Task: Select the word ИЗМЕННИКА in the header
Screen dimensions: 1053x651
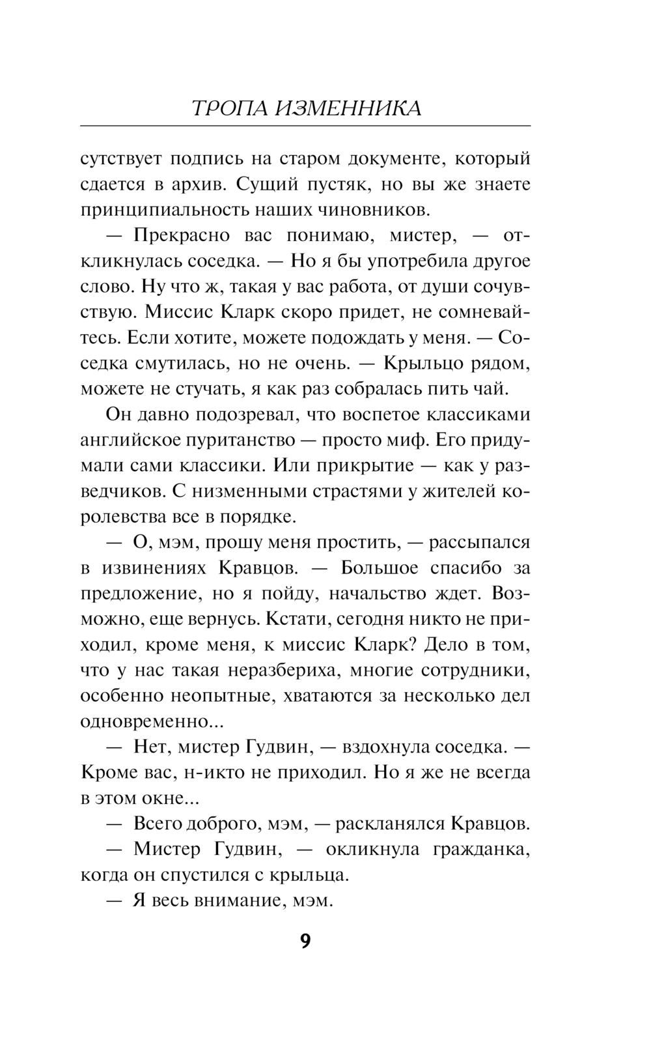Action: coord(348,108)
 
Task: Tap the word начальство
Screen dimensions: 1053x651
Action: coord(402,593)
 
